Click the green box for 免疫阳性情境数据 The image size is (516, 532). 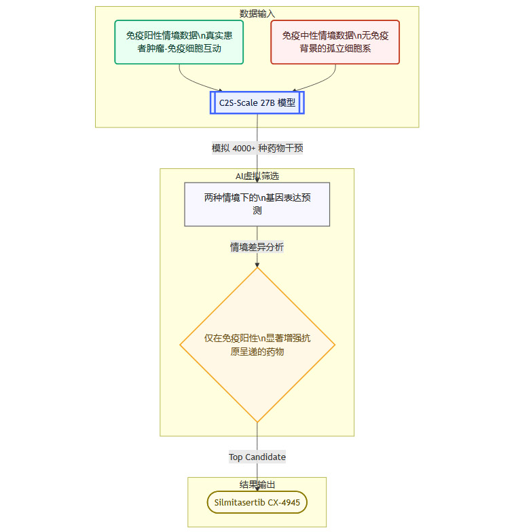tap(179, 42)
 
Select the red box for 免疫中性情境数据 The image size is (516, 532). tap(335, 42)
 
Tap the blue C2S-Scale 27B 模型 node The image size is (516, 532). tap(257, 102)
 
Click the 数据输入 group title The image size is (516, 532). tap(257, 14)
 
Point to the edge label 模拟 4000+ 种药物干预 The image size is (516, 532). tap(257, 148)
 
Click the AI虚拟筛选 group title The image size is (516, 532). tap(257, 176)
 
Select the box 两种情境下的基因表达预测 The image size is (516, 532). tap(257, 204)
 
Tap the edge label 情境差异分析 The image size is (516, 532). tap(257, 247)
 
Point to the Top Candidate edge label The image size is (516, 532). tap(257, 457)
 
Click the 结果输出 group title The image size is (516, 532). tap(257, 484)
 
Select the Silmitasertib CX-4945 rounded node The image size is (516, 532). tap(257, 502)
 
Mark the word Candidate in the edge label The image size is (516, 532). tap(265, 457)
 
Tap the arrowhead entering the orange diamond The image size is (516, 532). tap(257, 265)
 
